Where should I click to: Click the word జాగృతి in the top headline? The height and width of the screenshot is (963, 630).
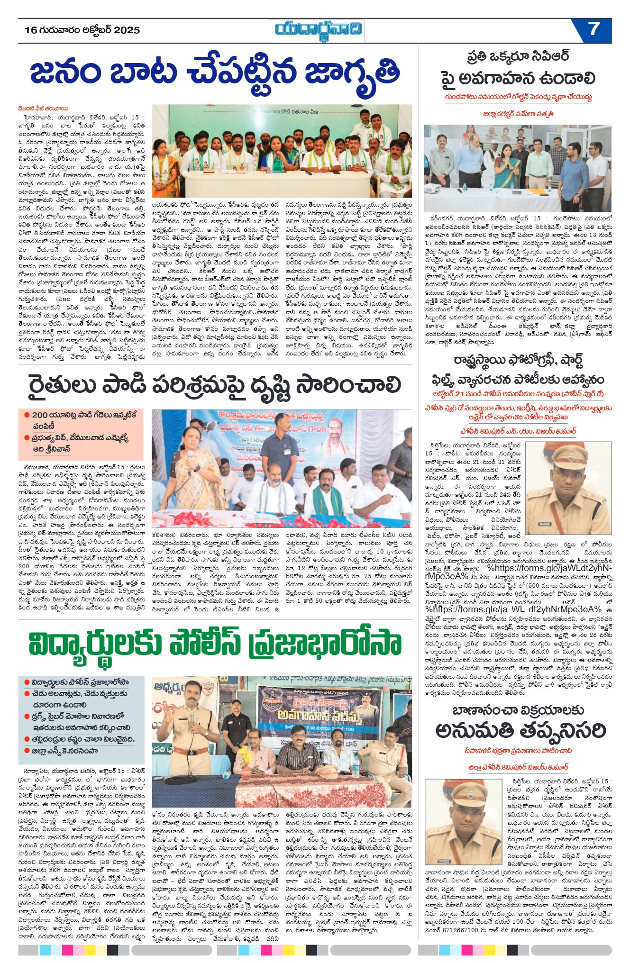tap(351, 73)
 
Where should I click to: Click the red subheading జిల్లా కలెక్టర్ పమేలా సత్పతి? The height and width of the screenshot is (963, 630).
tap(518, 114)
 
